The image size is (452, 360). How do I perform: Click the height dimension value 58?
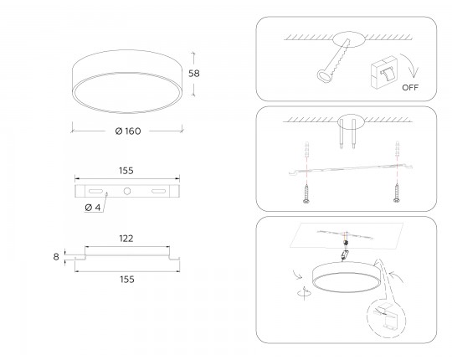point(193,74)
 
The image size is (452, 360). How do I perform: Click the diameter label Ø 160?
point(128,131)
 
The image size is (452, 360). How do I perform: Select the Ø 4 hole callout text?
point(93,208)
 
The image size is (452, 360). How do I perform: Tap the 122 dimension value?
point(126,239)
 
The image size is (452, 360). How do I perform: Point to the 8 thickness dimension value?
point(56,256)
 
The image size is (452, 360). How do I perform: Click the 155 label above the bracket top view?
point(126,171)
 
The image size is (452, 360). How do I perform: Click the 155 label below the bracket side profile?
point(127,280)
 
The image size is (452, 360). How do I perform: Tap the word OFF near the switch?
point(410,87)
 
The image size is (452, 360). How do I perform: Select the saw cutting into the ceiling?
point(334,61)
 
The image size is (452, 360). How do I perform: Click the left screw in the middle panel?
point(306,194)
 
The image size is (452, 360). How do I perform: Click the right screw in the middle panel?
point(397,193)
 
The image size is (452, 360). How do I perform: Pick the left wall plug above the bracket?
point(307,149)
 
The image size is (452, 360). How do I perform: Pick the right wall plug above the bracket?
point(398,149)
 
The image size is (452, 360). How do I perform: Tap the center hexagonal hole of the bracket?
point(127,191)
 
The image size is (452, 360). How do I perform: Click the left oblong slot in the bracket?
point(95,191)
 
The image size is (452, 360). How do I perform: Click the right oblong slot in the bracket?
point(159,191)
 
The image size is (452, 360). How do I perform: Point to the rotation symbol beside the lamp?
point(305,293)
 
